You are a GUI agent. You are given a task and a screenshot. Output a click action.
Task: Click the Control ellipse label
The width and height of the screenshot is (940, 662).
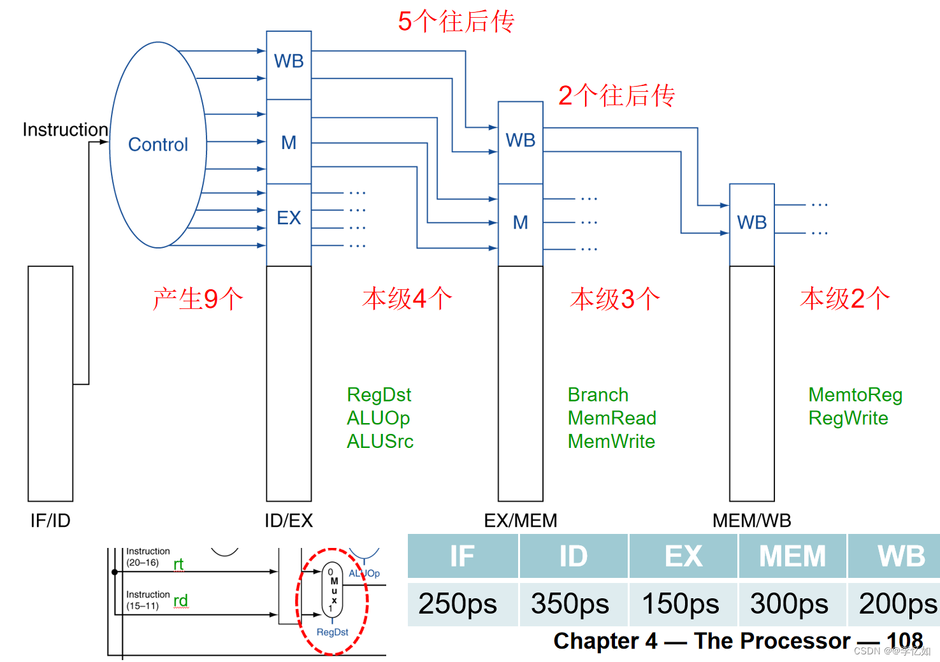tap(158, 145)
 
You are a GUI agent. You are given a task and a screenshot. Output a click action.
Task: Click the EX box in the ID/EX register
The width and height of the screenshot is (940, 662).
tap(289, 218)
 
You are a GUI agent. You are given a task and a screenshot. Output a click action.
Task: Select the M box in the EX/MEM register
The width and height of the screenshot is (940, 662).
tap(520, 222)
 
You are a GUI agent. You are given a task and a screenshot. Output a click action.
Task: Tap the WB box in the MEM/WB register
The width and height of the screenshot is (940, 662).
tap(751, 222)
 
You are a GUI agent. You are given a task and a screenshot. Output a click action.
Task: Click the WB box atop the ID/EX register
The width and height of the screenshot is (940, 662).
tap(289, 61)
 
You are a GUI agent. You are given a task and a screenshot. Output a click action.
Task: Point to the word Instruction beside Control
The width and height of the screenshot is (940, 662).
tap(65, 129)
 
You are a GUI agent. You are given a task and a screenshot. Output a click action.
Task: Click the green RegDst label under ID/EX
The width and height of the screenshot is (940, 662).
tap(379, 395)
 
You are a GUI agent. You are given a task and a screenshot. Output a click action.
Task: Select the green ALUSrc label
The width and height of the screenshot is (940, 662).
tap(380, 442)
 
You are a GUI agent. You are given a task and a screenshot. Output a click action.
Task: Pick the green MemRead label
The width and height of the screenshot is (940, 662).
tap(612, 418)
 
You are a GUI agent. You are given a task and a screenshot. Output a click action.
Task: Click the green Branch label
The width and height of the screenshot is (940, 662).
tap(598, 395)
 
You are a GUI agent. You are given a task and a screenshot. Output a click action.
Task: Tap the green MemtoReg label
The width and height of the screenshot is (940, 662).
tap(855, 395)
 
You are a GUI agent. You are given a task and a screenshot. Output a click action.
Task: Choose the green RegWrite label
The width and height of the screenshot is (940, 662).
tap(848, 418)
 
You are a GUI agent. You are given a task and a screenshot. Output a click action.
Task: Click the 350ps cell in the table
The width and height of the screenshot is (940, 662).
tap(570, 603)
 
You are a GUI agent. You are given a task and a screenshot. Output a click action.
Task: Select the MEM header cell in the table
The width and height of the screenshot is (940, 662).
tap(792, 556)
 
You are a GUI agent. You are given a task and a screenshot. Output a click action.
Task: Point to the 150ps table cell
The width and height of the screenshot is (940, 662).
tap(681, 603)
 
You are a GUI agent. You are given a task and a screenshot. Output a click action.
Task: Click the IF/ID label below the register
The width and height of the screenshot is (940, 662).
tap(50, 521)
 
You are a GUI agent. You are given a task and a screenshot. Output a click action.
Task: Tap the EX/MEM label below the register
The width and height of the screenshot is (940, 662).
tap(520, 521)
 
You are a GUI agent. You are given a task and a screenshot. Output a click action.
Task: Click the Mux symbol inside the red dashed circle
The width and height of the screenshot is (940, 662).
tap(333, 588)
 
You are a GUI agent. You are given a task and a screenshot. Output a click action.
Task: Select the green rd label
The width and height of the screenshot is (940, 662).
tap(180, 600)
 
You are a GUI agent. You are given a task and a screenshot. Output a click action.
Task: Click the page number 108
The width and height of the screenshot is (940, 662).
tap(904, 640)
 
